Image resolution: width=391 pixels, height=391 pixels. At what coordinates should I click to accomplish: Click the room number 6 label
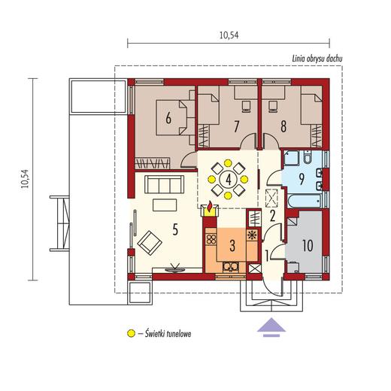coord(168,117)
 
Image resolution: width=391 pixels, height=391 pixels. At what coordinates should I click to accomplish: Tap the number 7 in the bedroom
coord(236,126)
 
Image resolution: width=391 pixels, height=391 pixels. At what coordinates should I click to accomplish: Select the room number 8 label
coord(283,126)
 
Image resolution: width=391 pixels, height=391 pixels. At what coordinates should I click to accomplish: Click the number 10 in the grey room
coord(308,245)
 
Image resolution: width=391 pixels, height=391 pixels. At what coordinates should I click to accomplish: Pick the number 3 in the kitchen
coord(232,246)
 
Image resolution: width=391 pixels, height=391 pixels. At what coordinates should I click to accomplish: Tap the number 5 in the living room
coord(175,229)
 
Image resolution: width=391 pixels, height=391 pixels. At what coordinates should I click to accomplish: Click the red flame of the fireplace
coord(210,205)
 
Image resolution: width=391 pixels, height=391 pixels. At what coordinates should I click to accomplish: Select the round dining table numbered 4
coord(228,180)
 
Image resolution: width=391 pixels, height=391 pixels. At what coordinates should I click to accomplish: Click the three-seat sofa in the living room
coord(165,184)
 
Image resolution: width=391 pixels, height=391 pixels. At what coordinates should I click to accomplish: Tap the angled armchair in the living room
coord(150,243)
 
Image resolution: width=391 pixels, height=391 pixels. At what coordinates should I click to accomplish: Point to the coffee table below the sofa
coord(165,205)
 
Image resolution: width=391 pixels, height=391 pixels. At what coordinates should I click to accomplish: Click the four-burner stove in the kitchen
coord(211,239)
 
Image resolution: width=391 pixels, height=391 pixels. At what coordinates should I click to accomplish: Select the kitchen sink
coord(231,267)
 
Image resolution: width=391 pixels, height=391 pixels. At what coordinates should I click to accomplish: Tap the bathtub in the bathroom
coord(305,201)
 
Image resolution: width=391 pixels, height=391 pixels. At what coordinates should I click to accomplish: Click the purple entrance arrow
coord(271,327)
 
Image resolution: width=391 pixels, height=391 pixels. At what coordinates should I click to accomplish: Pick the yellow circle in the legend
coord(131,333)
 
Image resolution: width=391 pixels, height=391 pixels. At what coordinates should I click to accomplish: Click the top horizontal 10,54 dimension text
coord(229,35)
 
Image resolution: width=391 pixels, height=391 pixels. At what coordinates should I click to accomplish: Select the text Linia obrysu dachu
coord(317,59)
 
